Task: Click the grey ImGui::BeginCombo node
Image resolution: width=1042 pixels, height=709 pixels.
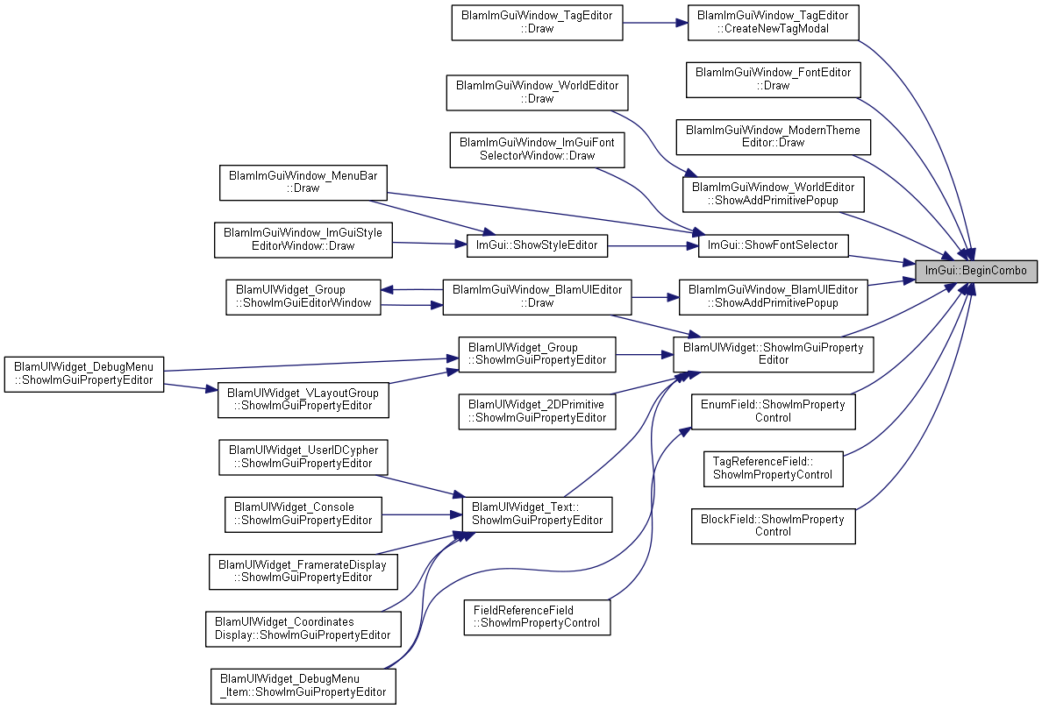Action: point(976,271)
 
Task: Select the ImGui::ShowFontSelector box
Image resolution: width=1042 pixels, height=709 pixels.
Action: point(773,245)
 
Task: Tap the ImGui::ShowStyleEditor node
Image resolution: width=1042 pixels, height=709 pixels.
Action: point(537,245)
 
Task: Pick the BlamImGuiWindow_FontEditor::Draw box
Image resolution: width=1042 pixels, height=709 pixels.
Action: point(774,80)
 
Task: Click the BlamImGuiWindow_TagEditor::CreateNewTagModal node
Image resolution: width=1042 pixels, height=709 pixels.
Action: point(774,23)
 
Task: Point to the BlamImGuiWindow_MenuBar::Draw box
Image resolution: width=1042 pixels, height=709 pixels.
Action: point(303,182)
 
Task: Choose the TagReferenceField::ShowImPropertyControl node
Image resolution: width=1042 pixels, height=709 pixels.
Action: point(774,469)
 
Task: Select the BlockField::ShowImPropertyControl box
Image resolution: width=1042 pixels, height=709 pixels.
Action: point(774,527)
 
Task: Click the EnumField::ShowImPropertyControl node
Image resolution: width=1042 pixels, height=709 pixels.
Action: point(774,412)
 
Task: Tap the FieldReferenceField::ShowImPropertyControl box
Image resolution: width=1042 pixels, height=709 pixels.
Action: point(537,617)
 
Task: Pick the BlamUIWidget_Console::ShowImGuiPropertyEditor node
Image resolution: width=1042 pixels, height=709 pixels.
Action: point(303,514)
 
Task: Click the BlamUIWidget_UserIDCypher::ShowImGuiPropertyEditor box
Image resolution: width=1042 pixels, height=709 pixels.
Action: point(303,457)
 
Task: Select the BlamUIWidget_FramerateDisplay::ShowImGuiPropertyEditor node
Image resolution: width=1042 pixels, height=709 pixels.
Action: point(303,571)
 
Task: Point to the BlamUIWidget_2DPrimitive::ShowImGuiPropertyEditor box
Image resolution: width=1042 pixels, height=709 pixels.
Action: point(537,412)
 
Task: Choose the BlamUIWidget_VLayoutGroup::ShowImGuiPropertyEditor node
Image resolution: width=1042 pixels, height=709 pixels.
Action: point(303,400)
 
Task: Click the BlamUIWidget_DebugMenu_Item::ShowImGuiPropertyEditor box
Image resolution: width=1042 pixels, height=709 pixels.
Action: point(303,686)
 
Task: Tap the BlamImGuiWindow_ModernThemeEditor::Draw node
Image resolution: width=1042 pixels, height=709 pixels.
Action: point(774,137)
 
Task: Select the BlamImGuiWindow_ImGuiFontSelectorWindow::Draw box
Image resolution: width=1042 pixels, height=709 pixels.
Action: point(537,150)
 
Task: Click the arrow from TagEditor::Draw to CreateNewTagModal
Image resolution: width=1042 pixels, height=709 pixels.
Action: point(655,23)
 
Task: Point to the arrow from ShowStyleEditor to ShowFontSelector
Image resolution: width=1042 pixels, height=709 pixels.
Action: point(653,245)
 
